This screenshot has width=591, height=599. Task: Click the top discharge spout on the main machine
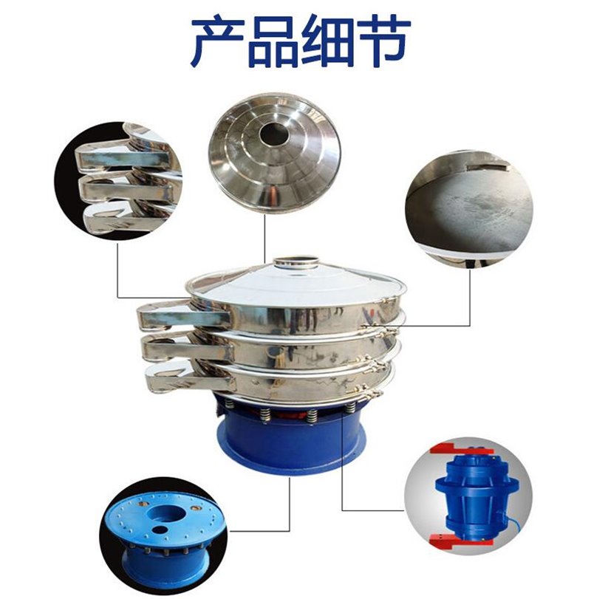point(183,315)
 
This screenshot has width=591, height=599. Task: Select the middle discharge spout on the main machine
point(187,348)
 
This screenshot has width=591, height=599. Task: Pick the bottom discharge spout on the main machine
point(190,380)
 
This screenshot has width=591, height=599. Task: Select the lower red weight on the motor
point(459,540)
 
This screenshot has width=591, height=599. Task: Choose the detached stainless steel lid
point(275,151)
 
